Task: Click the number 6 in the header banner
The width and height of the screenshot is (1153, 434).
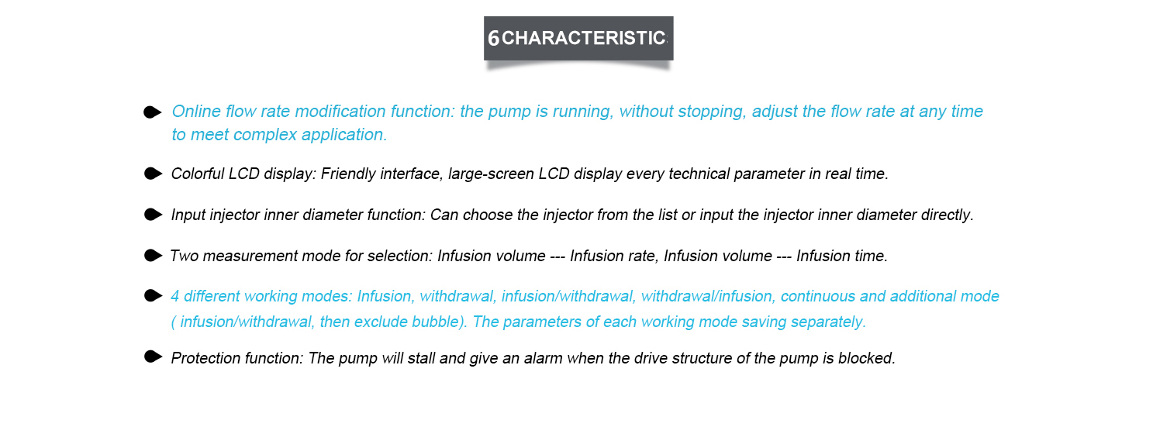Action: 493,38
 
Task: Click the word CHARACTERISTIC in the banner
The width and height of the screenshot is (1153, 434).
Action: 584,38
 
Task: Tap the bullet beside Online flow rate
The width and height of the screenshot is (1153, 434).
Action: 152,112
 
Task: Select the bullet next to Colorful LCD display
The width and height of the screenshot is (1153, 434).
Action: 153,174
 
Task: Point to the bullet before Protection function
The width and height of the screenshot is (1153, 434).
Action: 153,356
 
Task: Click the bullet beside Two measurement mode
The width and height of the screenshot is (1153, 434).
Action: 153,255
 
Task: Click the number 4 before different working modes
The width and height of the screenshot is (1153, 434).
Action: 175,296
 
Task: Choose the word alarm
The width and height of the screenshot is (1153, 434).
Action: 543,358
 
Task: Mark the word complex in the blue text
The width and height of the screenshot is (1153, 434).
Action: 265,136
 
